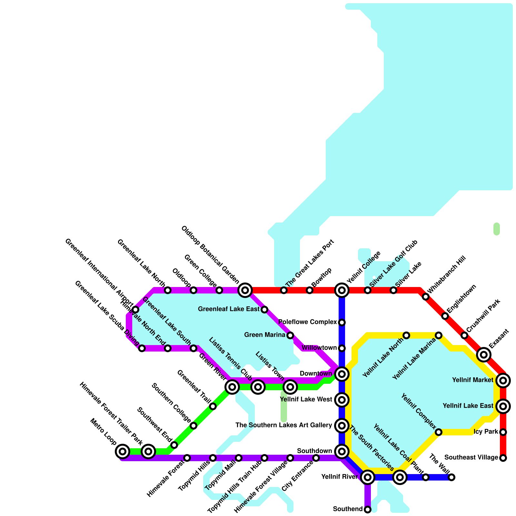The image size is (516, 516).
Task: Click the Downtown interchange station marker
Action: pos(342,374)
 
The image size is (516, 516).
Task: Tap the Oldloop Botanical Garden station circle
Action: pos(245,290)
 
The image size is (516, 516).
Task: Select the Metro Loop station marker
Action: pos(123,451)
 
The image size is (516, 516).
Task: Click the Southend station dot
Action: pos(368,510)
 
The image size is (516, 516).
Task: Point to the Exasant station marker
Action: pos(484,355)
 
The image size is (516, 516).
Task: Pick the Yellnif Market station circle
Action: pos(503,381)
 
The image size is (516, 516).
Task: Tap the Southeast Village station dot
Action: pos(503,458)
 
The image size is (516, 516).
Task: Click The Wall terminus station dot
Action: pos(451,477)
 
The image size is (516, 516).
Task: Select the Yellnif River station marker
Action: pos(368,477)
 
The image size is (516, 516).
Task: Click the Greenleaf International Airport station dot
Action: pos(135,310)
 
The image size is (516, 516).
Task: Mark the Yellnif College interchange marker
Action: pos(342,290)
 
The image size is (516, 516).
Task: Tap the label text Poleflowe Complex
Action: pos(307,322)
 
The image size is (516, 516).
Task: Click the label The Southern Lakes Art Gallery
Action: pos(283,425)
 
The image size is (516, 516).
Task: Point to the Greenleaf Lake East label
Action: pos(229,309)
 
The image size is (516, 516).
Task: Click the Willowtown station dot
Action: pos(342,348)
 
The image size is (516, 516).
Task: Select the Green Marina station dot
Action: pos(290,335)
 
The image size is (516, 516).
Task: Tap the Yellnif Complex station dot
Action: pos(439,432)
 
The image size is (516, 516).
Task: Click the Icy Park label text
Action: pos(486,432)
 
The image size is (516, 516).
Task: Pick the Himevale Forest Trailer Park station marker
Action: pos(148,451)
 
